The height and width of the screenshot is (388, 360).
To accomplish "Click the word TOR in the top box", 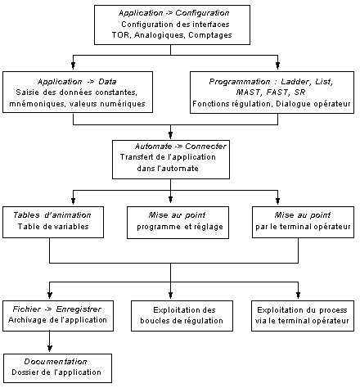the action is click(120, 35).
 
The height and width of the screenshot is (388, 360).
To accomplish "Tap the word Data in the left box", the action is click(107, 82).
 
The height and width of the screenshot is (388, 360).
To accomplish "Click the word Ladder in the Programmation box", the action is click(295, 82).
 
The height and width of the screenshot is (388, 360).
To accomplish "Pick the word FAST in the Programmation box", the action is click(277, 92).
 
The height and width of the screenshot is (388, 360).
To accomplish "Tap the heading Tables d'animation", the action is click(52, 215).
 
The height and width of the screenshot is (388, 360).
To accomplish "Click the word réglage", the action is click(209, 227).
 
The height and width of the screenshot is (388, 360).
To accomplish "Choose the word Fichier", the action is click(27, 309).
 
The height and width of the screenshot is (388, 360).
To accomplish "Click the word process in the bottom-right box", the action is click(333, 310).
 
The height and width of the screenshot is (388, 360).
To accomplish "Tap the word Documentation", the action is click(56, 362).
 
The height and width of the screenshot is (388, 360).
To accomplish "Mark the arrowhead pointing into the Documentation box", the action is click(49, 349).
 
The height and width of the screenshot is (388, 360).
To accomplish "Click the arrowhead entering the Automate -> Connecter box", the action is click(170, 135).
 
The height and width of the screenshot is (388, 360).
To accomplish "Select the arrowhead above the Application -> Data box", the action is click(73, 65).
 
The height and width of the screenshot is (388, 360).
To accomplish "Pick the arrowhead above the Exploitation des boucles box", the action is click(170, 295).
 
